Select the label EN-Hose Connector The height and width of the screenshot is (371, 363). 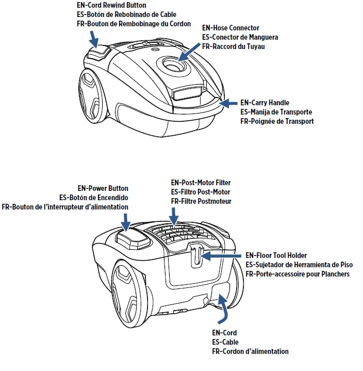(x=230, y=28)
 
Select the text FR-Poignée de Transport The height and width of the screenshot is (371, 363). (x=277, y=121)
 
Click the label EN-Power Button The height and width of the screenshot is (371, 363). (x=103, y=188)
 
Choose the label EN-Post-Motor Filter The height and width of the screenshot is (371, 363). (x=201, y=183)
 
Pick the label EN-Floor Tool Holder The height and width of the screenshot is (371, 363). (x=276, y=255)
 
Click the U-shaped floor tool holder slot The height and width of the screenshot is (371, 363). (x=194, y=255)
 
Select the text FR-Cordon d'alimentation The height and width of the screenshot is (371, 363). (x=250, y=351)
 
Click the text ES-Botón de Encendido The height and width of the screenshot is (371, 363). (x=93, y=198)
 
